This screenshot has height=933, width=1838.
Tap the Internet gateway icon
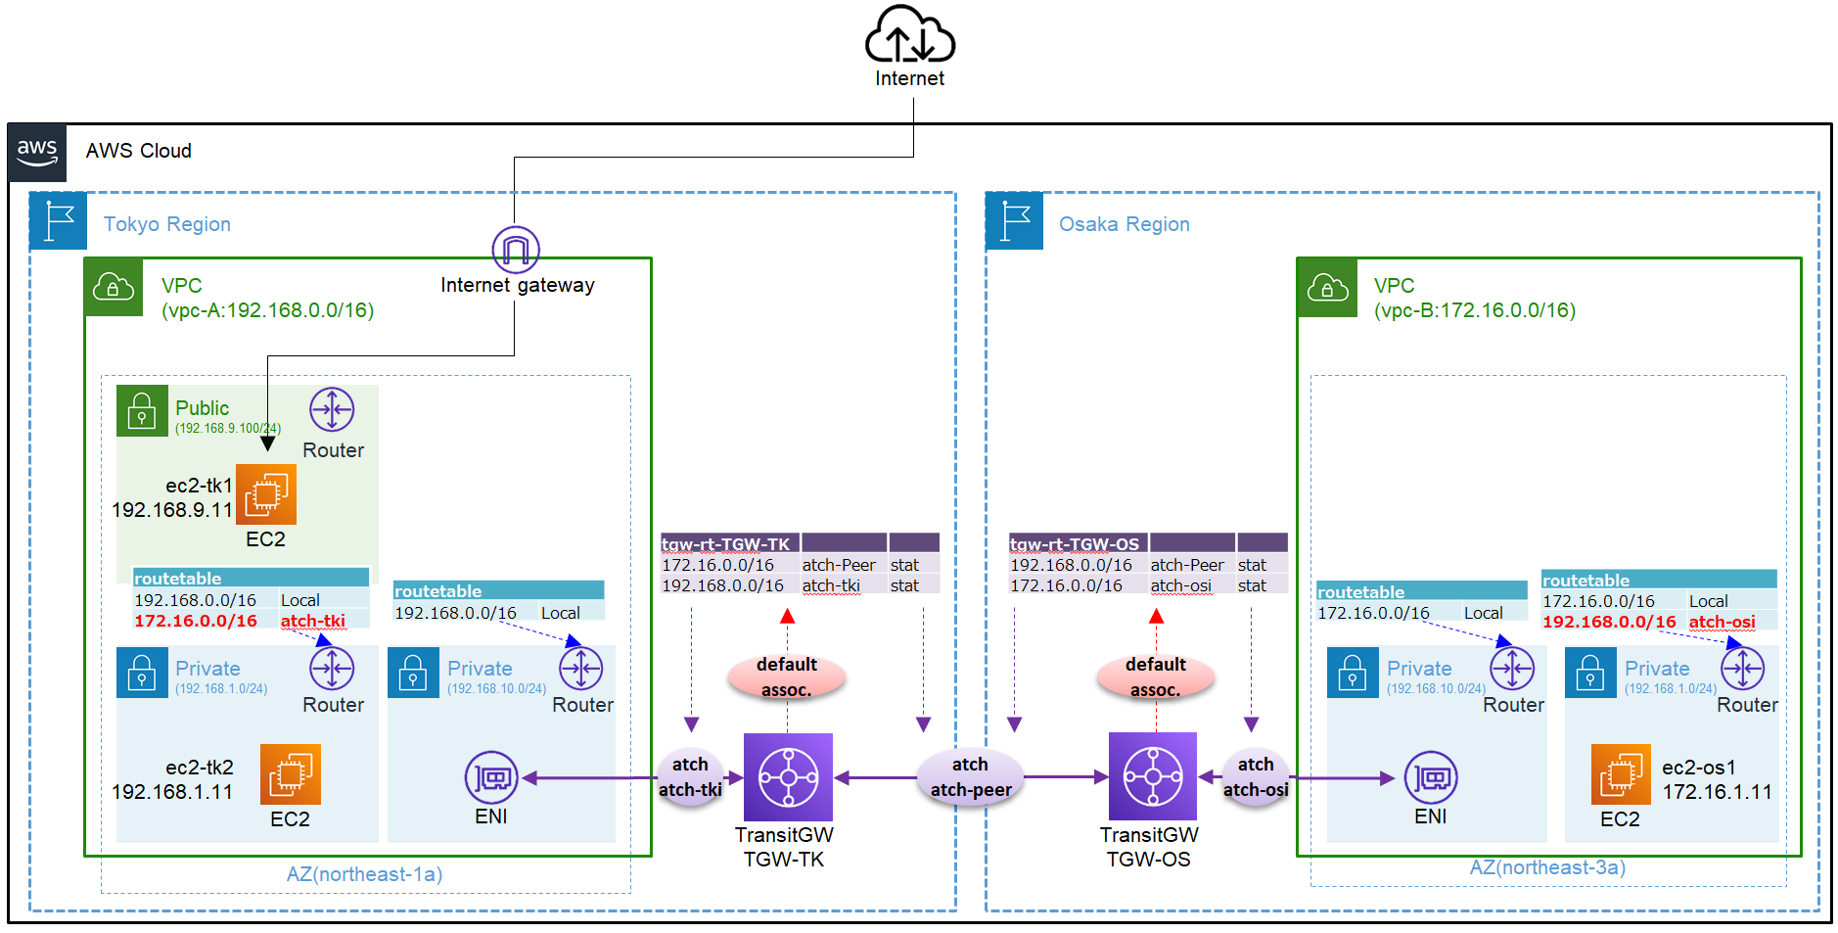[x=516, y=250]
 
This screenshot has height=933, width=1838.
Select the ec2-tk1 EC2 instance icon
[x=266, y=494]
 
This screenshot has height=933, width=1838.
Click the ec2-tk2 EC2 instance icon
[x=290, y=774]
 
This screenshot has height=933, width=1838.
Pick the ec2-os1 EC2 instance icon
[x=1621, y=774]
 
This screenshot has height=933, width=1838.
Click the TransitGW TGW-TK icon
[x=788, y=777]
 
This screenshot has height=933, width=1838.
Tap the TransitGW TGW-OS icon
[x=1152, y=777]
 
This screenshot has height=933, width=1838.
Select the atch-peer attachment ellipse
[x=971, y=777]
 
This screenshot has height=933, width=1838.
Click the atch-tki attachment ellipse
[x=691, y=777]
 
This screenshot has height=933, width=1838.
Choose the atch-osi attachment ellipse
[x=1256, y=777]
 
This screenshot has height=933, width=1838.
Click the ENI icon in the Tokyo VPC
[x=491, y=778]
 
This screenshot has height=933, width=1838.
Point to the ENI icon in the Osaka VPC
[x=1431, y=778]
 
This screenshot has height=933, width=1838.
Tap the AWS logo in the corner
[x=37, y=153]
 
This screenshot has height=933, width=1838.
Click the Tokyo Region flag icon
[x=59, y=221]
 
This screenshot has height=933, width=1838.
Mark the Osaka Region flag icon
[x=1015, y=221]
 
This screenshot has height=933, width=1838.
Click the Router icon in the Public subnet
[x=332, y=410]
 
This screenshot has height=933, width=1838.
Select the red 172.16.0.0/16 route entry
[x=196, y=621]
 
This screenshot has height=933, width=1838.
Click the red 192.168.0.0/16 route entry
[x=1609, y=622]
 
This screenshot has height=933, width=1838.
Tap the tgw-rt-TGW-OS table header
[x=1075, y=544]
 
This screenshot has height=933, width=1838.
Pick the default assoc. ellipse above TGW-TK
[x=787, y=676]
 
